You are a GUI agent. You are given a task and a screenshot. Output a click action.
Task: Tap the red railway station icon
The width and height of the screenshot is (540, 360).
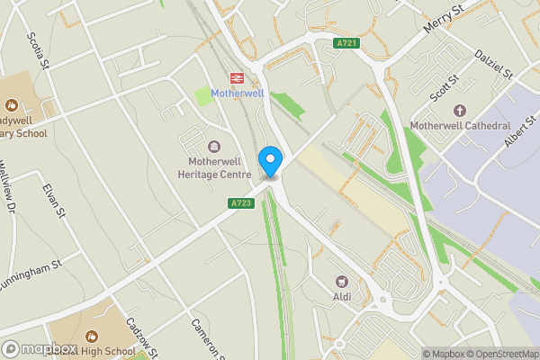click(x=238, y=78)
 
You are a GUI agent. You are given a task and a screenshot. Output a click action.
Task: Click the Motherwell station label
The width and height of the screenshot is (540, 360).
click(x=238, y=94)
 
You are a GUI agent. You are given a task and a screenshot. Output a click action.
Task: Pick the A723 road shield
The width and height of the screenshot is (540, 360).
click(x=241, y=203)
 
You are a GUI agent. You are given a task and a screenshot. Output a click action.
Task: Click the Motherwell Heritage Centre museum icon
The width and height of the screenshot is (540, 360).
click(x=213, y=147)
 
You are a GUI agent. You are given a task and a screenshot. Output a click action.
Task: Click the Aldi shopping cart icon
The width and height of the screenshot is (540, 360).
click(x=341, y=281)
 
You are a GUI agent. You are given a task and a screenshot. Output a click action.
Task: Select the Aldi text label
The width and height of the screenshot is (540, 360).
click(x=341, y=296)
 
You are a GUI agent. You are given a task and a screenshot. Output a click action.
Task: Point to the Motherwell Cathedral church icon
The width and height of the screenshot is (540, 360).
click(x=460, y=111)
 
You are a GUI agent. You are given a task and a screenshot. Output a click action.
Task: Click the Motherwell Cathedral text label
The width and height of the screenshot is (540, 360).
click(x=460, y=126)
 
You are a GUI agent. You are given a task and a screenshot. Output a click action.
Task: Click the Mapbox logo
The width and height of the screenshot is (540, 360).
click(x=38, y=348)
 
